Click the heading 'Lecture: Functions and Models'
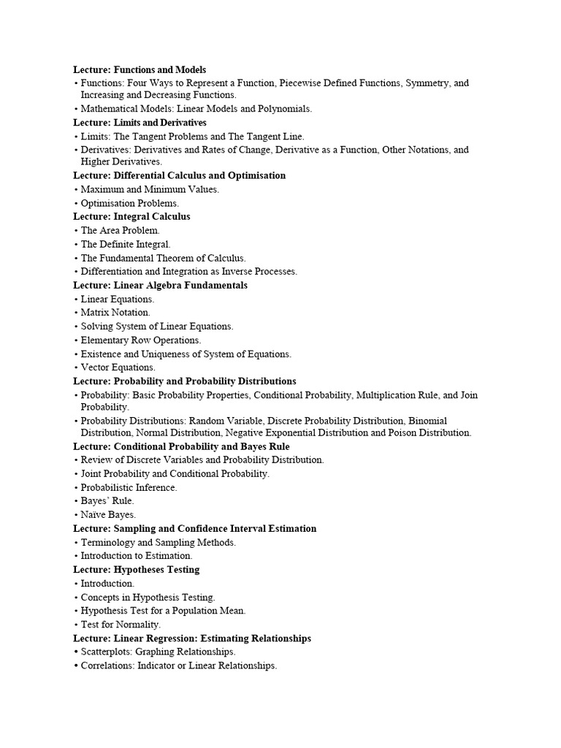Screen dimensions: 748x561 [x=140, y=69]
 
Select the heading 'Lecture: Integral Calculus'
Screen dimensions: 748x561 [x=131, y=216]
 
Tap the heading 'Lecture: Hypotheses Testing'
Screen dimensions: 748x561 [x=136, y=569]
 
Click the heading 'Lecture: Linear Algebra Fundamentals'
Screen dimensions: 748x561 [x=160, y=285]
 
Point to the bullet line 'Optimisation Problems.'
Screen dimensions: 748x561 [x=129, y=203]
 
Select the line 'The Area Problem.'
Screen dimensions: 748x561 [x=120, y=230]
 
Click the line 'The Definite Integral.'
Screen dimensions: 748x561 [x=126, y=244]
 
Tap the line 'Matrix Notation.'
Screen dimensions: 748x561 [x=115, y=313]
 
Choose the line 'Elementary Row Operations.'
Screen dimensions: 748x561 [x=141, y=340]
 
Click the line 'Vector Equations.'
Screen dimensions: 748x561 [x=118, y=367]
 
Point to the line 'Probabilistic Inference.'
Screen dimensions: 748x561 [x=129, y=487]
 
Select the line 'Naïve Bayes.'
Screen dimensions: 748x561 [x=108, y=514]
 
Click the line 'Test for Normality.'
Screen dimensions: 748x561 [x=121, y=625]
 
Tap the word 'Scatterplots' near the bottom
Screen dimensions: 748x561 [x=107, y=652]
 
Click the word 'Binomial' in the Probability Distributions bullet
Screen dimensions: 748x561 [x=428, y=421]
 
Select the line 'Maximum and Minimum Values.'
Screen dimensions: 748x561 [x=150, y=189]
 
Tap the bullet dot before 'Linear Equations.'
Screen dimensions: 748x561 [x=76, y=299]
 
